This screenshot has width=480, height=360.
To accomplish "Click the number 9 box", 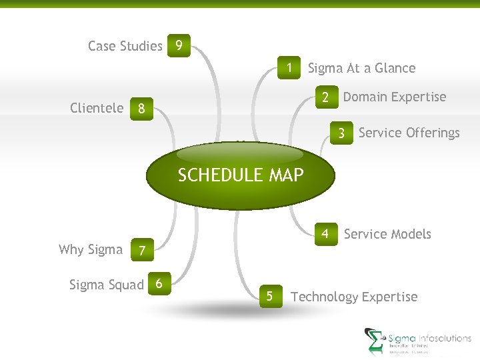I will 179,46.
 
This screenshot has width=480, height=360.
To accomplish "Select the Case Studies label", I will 125,46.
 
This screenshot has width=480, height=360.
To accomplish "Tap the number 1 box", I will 290,68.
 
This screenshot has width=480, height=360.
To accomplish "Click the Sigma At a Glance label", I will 361,68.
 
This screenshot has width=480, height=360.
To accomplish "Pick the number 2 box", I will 325,97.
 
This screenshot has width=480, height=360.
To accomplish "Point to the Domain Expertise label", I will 394,97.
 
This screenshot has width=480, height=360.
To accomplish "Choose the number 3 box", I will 341,133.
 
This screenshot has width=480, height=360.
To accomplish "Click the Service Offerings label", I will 409,133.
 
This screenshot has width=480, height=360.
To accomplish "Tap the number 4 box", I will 325,234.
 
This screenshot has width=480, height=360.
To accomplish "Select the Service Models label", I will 387,234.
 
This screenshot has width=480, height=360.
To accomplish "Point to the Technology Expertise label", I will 354,297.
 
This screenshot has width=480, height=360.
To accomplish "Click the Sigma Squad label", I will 107,285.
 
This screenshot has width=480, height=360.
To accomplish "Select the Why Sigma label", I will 91,249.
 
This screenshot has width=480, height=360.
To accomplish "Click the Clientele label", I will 97,108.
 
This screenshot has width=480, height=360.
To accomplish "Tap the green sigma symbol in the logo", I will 374,341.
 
